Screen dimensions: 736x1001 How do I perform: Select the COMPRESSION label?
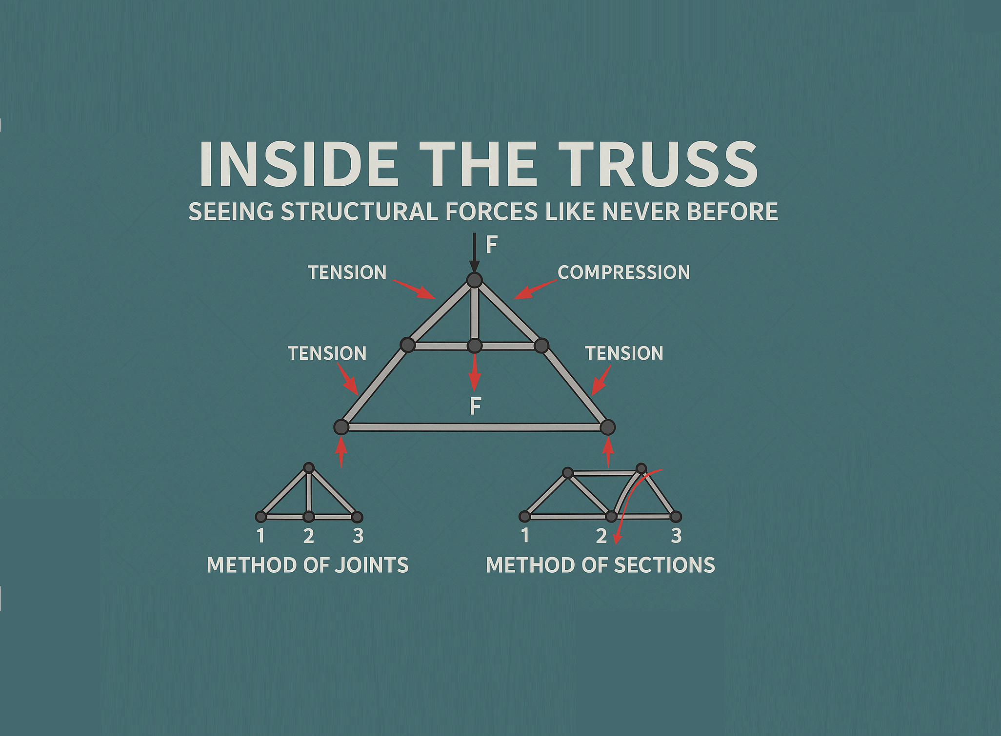coord(623,272)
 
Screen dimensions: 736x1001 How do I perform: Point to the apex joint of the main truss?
coord(474,280)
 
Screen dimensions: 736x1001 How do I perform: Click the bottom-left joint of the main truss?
coord(341,427)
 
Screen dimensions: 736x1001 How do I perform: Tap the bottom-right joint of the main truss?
coord(607,427)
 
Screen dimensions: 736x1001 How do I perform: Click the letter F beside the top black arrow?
coord(491,245)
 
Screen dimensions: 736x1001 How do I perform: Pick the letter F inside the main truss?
coord(475,406)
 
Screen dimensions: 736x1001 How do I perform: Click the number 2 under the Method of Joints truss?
coord(308,536)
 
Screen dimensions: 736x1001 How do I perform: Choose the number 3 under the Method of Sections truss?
coord(676,536)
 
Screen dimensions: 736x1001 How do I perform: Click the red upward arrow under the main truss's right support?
coord(608,452)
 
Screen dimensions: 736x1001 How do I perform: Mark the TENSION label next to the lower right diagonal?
coord(624,353)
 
